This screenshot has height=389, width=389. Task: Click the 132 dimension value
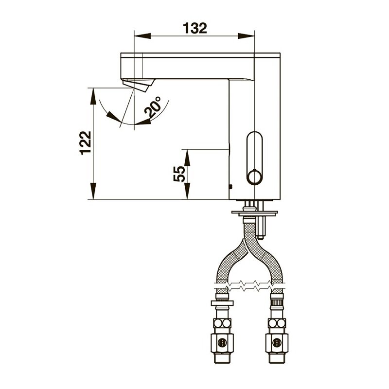point(195,28)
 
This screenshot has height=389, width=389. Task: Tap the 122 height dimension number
point(86,143)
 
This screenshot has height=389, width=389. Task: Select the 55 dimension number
point(179,174)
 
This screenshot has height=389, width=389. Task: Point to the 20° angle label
point(153,107)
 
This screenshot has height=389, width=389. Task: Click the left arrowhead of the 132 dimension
point(142,35)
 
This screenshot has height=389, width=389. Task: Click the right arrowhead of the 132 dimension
point(246,35)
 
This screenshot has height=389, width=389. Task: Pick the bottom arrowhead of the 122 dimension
point(93,191)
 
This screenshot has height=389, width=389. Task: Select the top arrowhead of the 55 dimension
point(187,158)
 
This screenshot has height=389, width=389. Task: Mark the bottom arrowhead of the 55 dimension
point(187,191)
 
